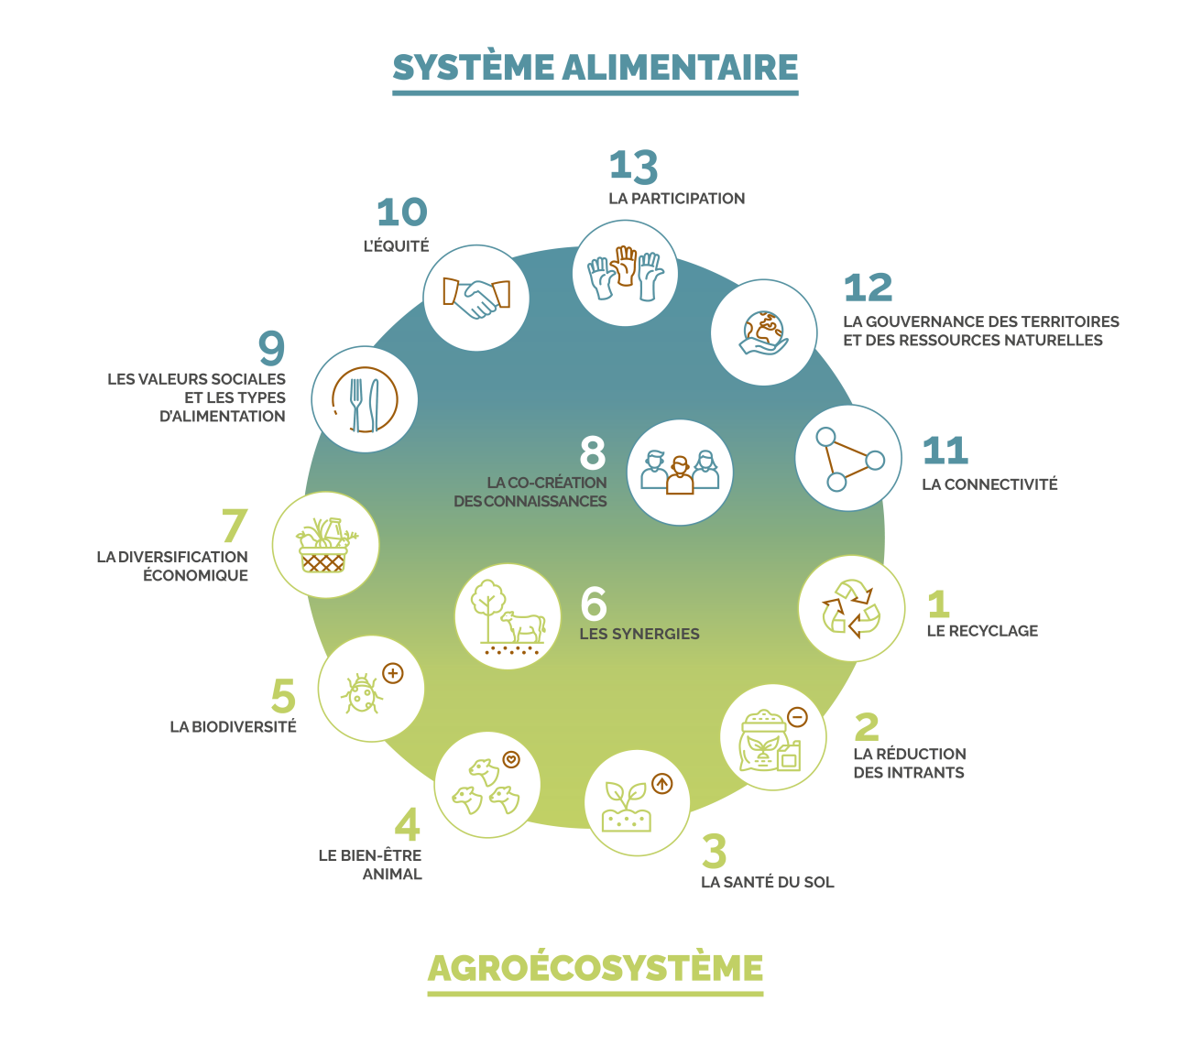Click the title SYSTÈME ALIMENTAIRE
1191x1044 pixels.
point(595,68)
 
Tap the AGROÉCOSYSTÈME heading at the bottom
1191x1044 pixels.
point(595,968)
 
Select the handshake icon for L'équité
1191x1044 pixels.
point(476,297)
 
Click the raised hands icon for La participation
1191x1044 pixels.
point(625,273)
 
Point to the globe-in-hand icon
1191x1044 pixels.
point(764,332)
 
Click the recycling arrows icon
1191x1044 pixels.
point(852,608)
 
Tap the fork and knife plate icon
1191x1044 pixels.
point(365,399)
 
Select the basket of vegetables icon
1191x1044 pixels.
point(325,546)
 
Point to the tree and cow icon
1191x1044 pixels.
point(508,616)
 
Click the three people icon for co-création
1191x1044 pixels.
point(680,473)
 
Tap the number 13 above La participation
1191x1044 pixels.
point(633,167)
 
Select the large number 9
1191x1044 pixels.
point(272,348)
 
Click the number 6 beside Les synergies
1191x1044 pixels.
point(594,604)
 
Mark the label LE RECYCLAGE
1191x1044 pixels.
point(982,631)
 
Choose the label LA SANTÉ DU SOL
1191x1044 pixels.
point(768,883)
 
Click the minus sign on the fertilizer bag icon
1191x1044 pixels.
point(797,717)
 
